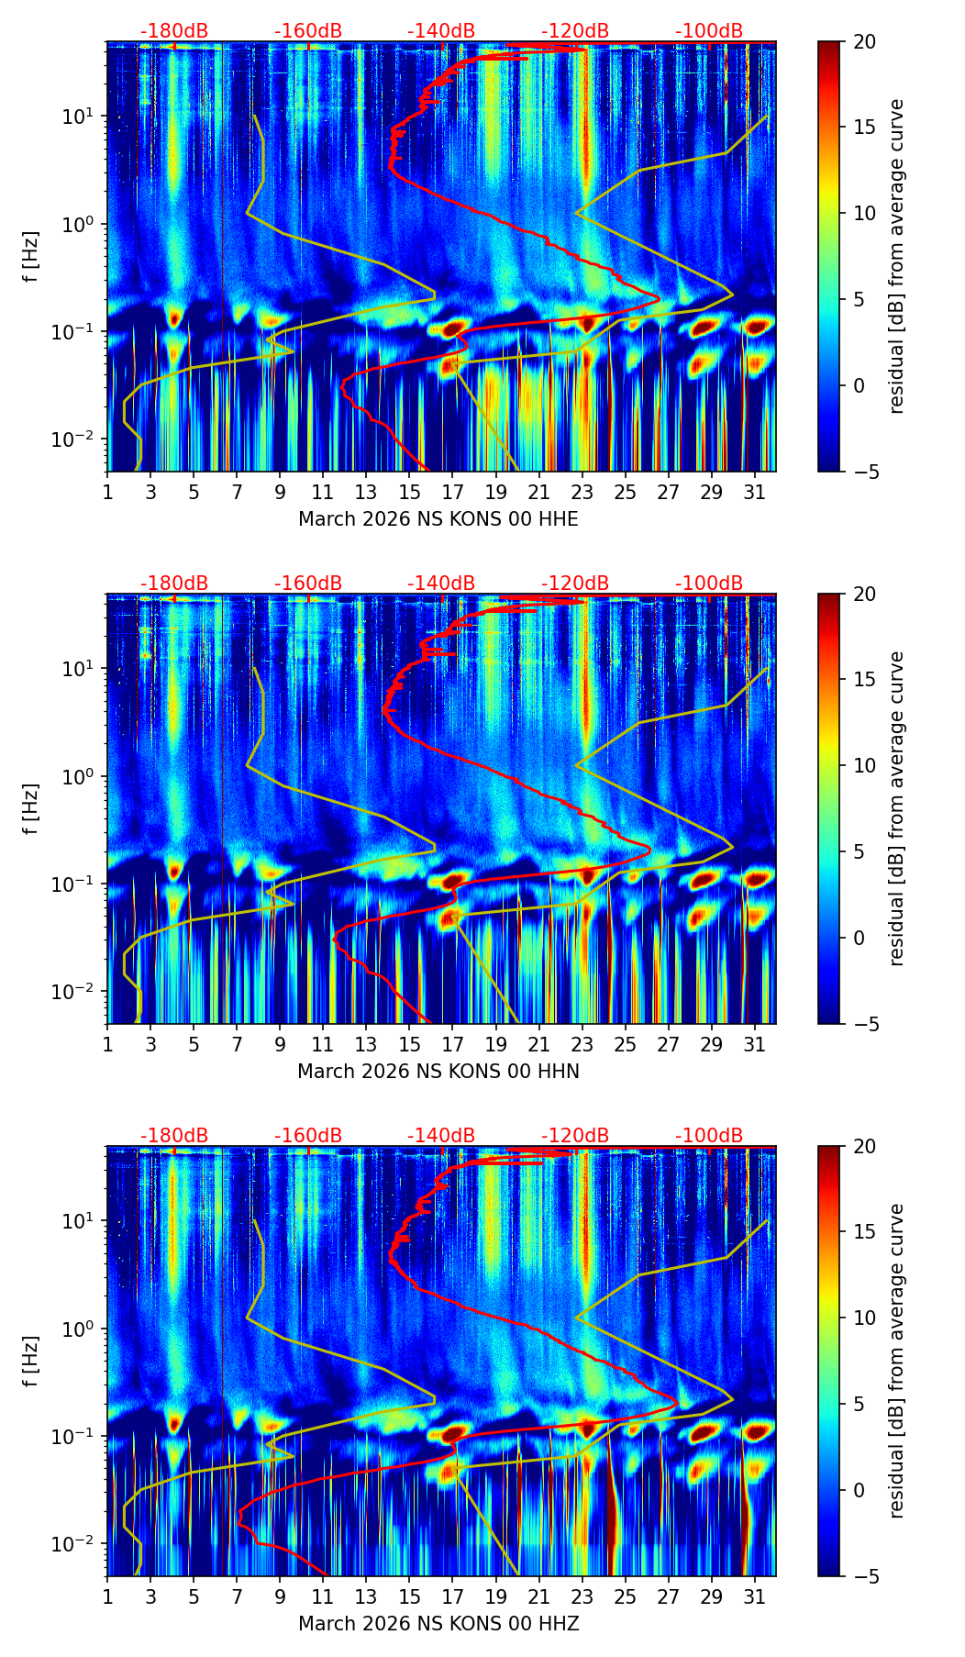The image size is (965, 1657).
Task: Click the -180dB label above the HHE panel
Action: [x=174, y=32]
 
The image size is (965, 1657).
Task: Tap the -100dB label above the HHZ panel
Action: [x=709, y=1137]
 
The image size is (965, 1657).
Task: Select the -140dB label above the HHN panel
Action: [x=441, y=584]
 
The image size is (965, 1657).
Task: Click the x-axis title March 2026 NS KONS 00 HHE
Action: [x=438, y=519]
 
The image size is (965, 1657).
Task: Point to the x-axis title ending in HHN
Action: [x=438, y=1072]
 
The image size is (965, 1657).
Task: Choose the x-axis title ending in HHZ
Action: [x=438, y=1624]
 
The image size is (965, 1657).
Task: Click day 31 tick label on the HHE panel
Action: [x=754, y=493]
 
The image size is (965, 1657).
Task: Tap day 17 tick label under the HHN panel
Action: [x=452, y=1045]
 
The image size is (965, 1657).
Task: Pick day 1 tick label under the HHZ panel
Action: [x=108, y=1597]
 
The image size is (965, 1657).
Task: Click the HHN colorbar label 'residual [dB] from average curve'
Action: [x=897, y=808]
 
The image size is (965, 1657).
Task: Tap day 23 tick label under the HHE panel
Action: [x=582, y=493]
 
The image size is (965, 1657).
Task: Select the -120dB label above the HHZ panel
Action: [x=575, y=1137]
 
